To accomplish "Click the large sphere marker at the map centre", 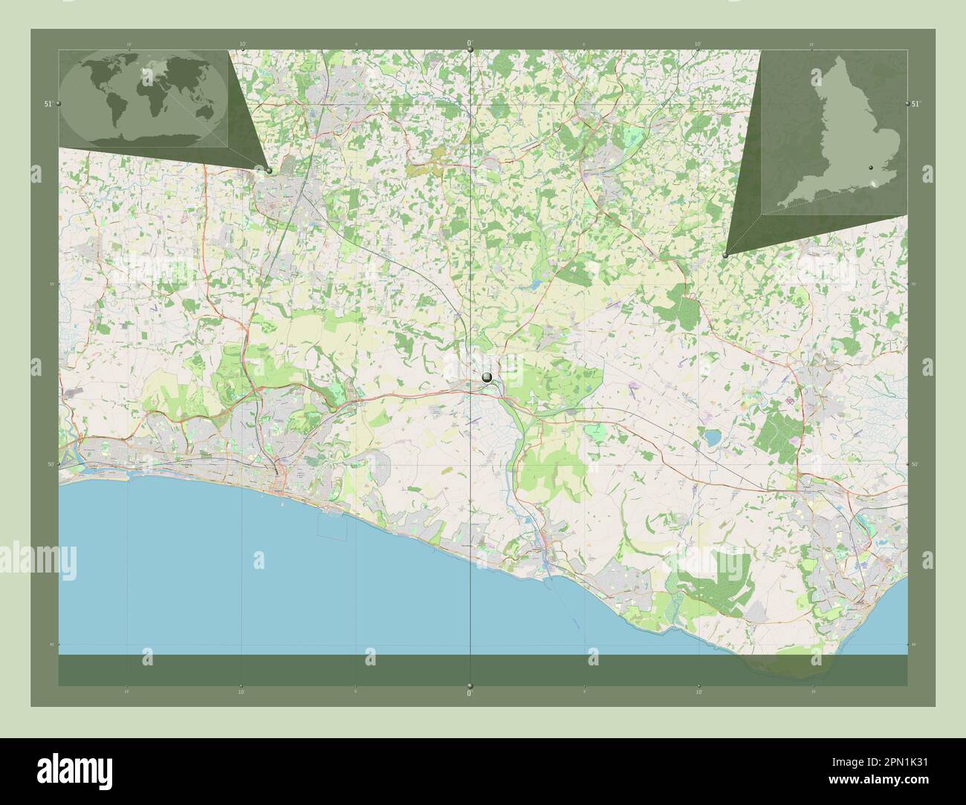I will (487, 378).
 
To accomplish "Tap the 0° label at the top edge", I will (470, 43).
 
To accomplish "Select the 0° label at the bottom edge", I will (470, 693).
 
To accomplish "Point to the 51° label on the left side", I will (48, 105).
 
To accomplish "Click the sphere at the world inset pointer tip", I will (269, 170).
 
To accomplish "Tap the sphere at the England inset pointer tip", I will (725, 255).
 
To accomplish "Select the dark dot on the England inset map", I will (870, 169).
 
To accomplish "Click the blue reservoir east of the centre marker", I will (712, 438).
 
